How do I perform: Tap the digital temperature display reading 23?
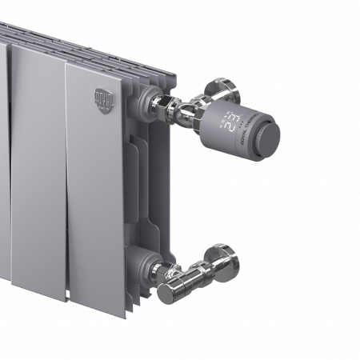click(232, 121)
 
